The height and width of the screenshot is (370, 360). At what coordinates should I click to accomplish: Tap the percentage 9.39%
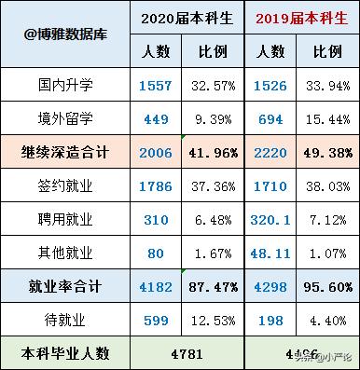coord(212,118)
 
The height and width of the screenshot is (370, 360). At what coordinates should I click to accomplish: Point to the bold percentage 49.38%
coord(328,151)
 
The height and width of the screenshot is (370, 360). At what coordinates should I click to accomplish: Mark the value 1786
coord(154,184)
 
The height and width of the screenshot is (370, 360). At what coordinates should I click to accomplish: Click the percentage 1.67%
coord(212,249)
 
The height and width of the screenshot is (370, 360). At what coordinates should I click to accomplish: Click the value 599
coord(154,321)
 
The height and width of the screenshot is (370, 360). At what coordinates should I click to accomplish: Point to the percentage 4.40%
coord(328,321)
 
